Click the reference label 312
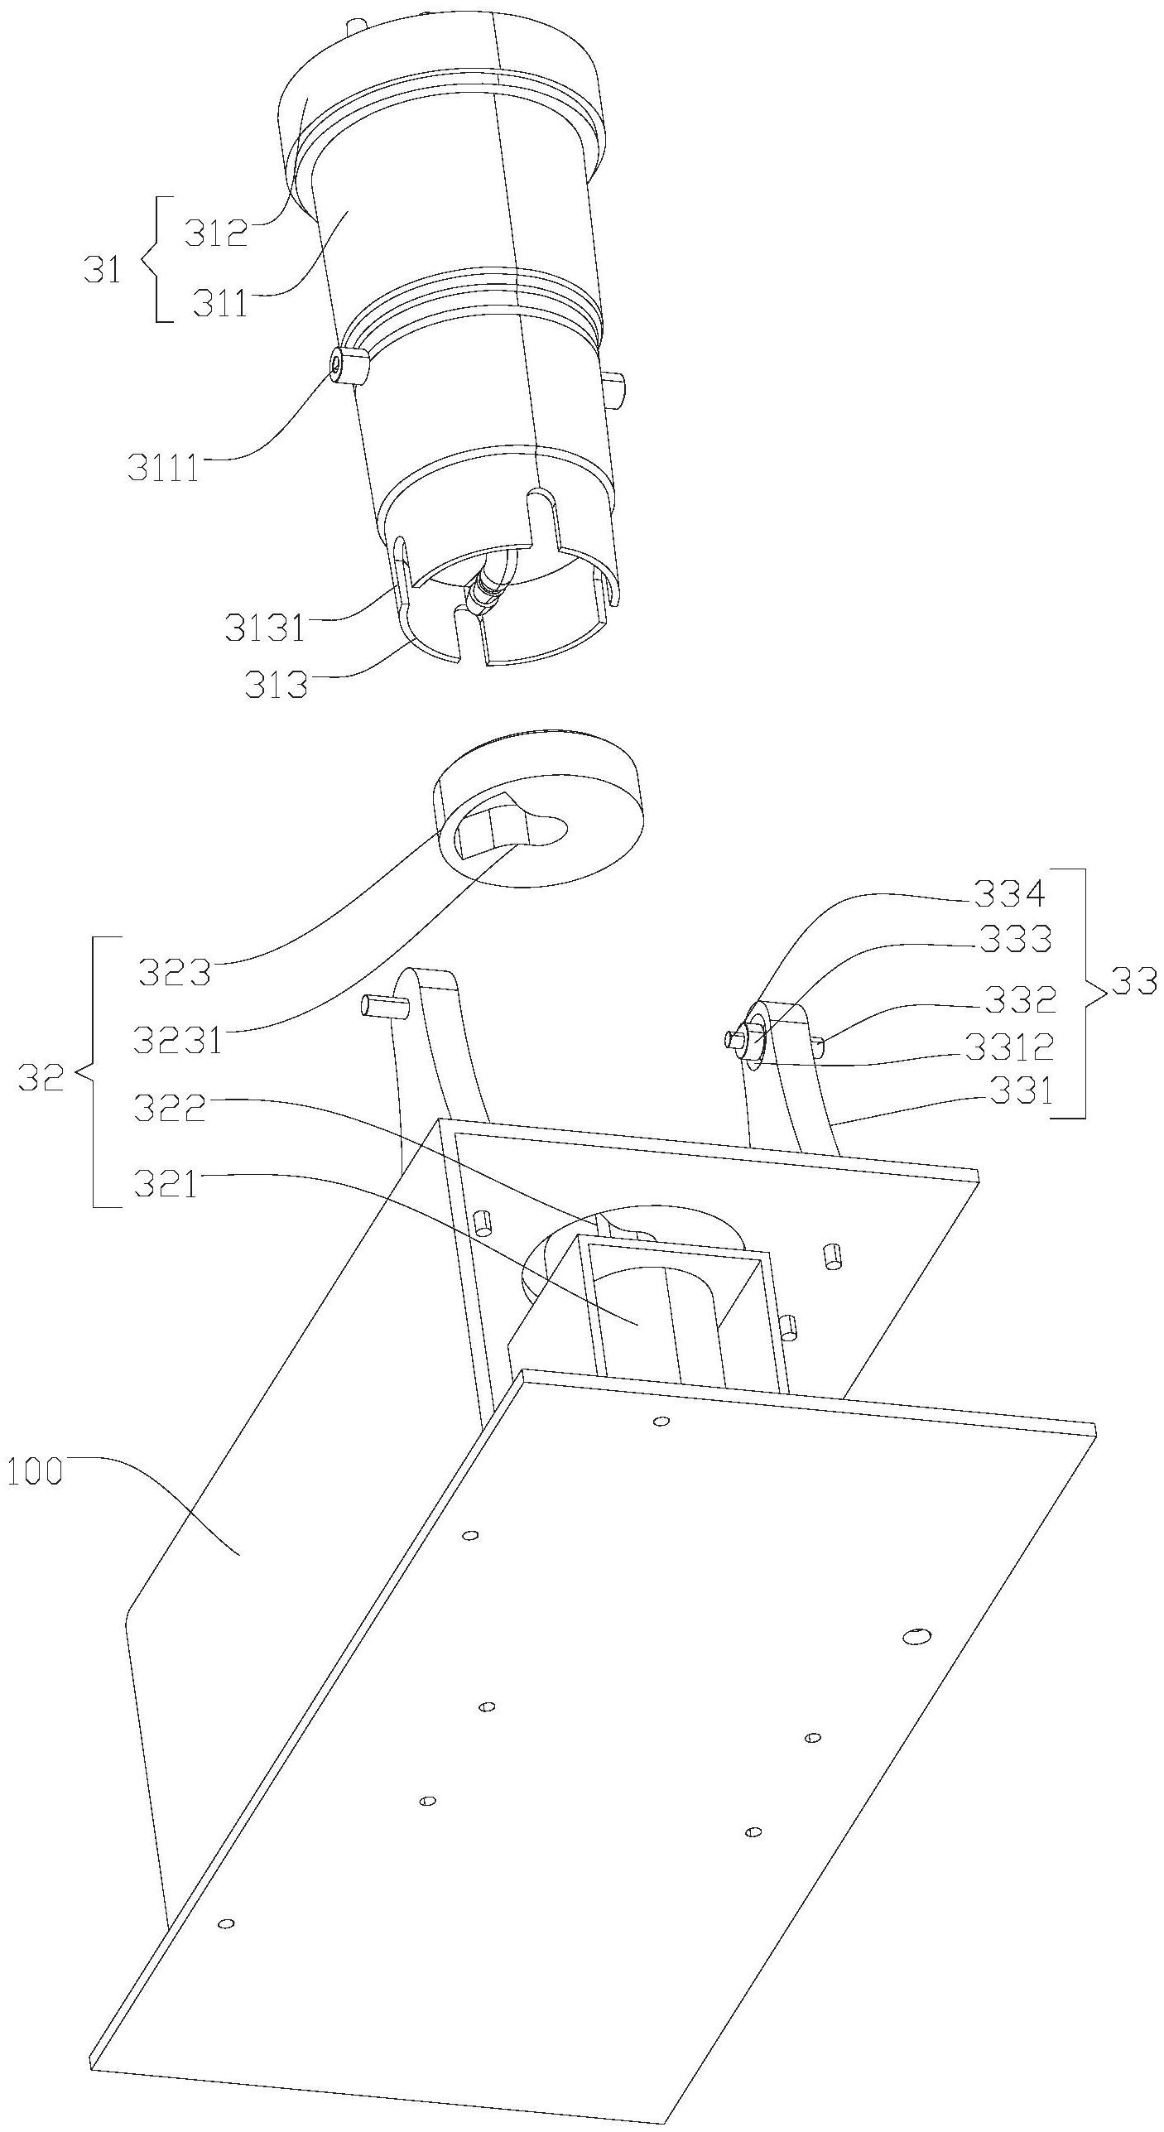pyautogui.click(x=214, y=235)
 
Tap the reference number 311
pyautogui.click(x=220, y=304)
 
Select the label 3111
pyautogui.click(x=163, y=469)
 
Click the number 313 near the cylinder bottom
pyautogui.click(x=276, y=685)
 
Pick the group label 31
pyautogui.click(x=103, y=271)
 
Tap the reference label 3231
pyautogui.click(x=179, y=1040)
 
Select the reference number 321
pyautogui.click(x=167, y=1185)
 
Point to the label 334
pyautogui.click(x=1009, y=893)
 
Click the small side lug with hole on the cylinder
pyautogui.click(x=346, y=365)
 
